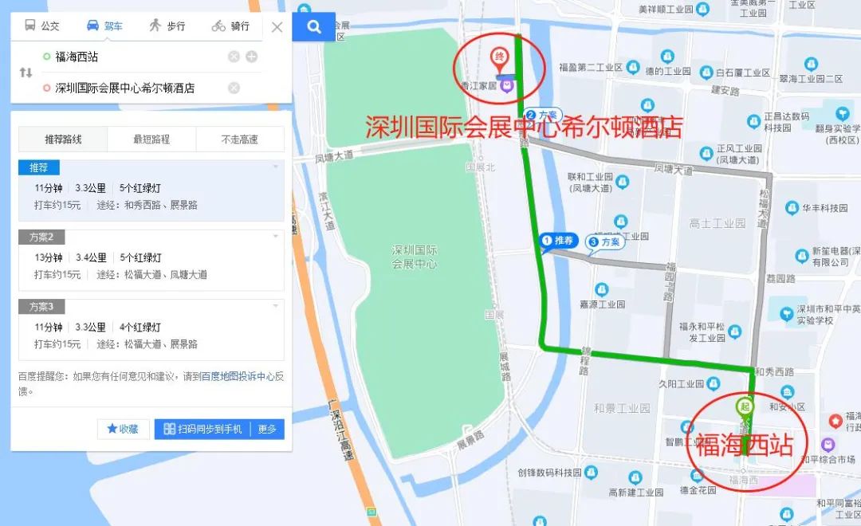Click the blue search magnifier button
314,27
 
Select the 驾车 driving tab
104,26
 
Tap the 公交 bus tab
42,26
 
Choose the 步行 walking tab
167,26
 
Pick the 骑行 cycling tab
230,26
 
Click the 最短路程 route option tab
151,139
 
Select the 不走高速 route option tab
239,139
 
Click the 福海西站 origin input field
136,57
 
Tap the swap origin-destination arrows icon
26,73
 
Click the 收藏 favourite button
124,429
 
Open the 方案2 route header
41,237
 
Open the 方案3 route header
41,307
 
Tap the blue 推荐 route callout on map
558,241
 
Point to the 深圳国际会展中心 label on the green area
415,256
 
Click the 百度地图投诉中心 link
238,376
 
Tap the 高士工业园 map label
717,223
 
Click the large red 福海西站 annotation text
745,446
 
